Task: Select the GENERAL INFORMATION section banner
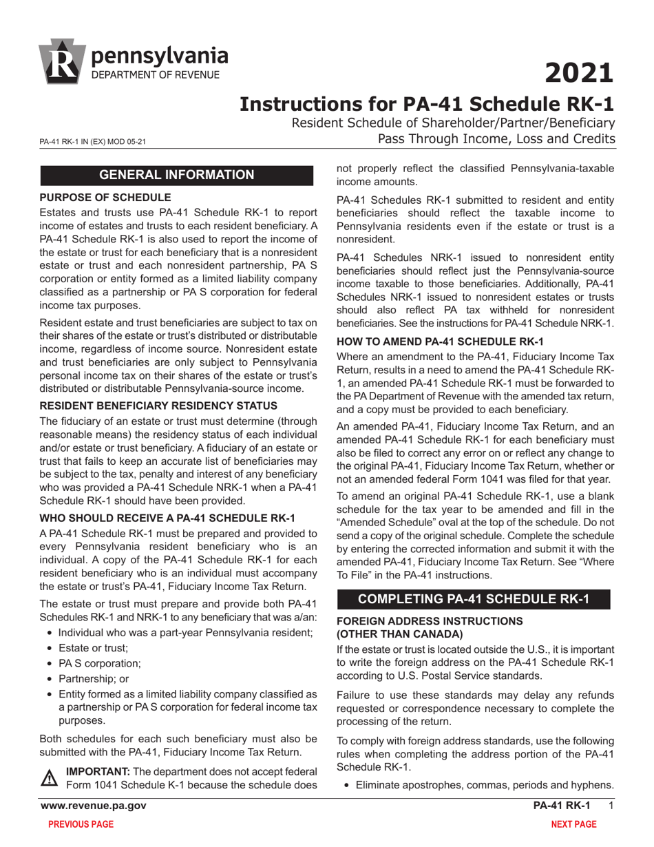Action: [178, 175]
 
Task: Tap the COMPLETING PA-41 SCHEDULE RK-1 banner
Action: [473, 598]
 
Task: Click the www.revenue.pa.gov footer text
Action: [93, 806]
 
